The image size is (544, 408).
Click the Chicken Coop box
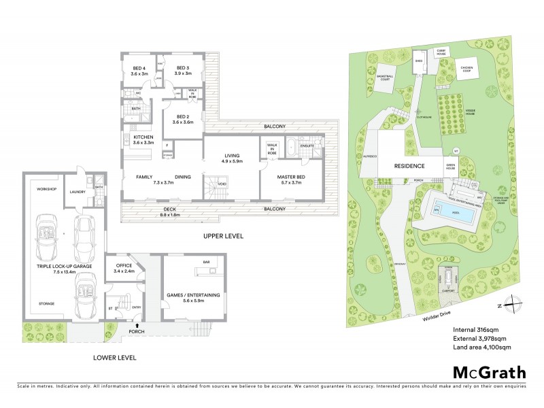[466, 68]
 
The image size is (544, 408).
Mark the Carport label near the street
[447, 290]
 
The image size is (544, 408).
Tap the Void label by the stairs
[222, 184]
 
